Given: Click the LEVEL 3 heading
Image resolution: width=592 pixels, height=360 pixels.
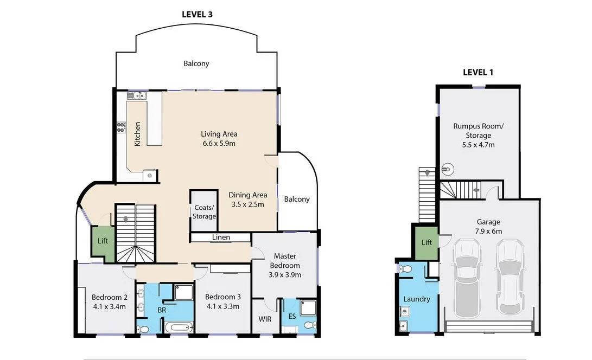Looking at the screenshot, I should (x=196, y=15).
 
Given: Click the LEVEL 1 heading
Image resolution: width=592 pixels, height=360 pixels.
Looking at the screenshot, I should (x=478, y=72).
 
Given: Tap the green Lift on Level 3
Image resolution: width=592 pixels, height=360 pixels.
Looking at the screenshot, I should (x=103, y=241).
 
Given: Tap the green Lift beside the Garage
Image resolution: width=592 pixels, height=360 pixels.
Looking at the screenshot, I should (x=427, y=242).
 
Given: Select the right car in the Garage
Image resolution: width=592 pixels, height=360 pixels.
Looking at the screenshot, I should (x=510, y=278).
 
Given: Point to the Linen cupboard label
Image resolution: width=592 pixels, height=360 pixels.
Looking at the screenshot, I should (x=221, y=237).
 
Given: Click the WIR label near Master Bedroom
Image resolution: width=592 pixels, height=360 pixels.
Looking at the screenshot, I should (x=265, y=319).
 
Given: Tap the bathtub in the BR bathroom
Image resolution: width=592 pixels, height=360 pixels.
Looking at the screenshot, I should (x=178, y=327).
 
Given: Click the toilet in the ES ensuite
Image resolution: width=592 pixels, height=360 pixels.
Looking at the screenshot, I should (x=309, y=325).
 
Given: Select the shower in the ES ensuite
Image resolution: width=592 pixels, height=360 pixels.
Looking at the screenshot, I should (x=307, y=307).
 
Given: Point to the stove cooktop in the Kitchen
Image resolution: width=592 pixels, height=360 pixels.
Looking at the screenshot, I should (x=120, y=128).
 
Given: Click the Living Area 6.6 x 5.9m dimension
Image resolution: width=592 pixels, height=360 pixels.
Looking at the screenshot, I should (x=219, y=144).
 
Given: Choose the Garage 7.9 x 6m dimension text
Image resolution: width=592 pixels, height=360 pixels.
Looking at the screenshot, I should (x=489, y=231).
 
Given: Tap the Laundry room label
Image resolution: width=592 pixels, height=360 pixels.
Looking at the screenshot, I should (x=416, y=299).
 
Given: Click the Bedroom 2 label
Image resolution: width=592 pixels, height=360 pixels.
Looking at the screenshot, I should (x=109, y=297).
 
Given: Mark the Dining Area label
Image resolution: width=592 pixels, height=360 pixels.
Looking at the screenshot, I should (x=247, y=195).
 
